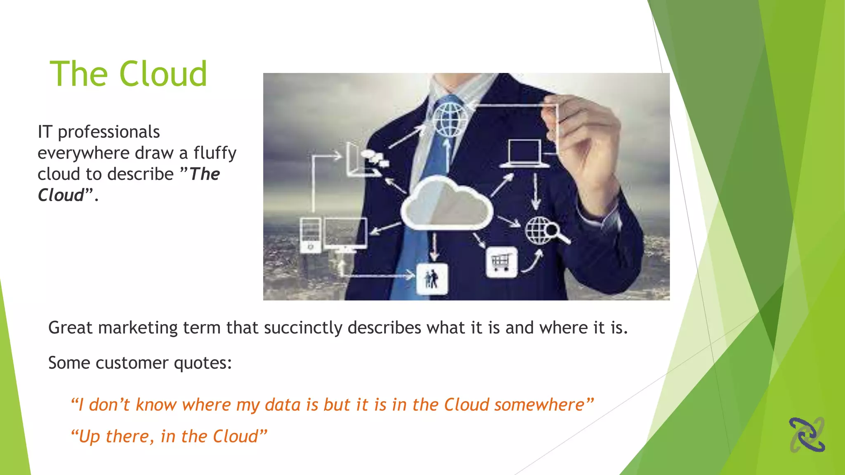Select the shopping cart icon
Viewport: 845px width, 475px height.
pos(501,262)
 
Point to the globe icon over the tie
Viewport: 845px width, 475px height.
pos(450,120)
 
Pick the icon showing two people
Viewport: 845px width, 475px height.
pos(432,279)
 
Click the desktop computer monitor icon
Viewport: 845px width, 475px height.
pos(345,234)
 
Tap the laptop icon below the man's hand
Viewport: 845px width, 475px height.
pos(524,154)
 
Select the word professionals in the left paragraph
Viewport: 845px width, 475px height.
pos(109,132)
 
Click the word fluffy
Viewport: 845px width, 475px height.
pos(215,153)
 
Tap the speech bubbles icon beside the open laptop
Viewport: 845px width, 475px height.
pos(374,158)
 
